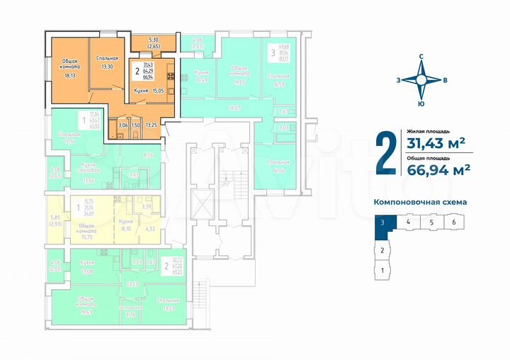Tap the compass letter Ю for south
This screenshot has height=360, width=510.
421,104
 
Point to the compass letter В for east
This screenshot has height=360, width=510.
445,80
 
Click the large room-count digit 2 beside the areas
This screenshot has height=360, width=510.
385,152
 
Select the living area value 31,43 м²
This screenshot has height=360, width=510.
433,142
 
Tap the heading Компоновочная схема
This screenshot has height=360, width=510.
420,202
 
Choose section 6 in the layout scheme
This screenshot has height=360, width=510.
453,222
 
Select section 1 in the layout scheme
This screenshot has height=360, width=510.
382,270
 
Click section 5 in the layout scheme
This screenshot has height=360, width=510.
431,222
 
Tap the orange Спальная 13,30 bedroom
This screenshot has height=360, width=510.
108,62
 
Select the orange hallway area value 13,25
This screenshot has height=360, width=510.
151,125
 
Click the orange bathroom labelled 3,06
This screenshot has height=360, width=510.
123,125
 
